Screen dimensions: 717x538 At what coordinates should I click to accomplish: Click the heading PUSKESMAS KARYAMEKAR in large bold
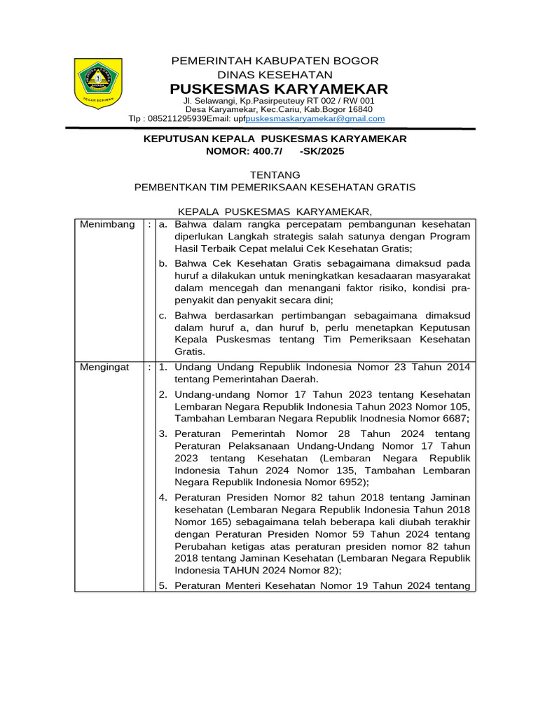[279, 89]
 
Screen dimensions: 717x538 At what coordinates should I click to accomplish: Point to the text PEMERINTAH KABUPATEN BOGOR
[275, 61]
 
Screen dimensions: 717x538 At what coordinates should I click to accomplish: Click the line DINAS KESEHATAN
[275, 75]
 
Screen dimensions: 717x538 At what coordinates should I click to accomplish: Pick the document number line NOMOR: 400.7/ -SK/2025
[275, 151]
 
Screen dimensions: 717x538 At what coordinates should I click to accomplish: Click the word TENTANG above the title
[275, 174]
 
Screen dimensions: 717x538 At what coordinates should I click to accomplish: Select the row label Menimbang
[107, 224]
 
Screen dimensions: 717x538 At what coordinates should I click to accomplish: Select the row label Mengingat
[104, 367]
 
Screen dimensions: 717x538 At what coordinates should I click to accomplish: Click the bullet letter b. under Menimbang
[163, 263]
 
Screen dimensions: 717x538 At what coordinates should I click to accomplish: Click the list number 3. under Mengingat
[163, 433]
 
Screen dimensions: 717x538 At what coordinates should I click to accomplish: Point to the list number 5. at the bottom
[163, 585]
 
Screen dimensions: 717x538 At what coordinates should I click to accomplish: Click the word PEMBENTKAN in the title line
[166, 187]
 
